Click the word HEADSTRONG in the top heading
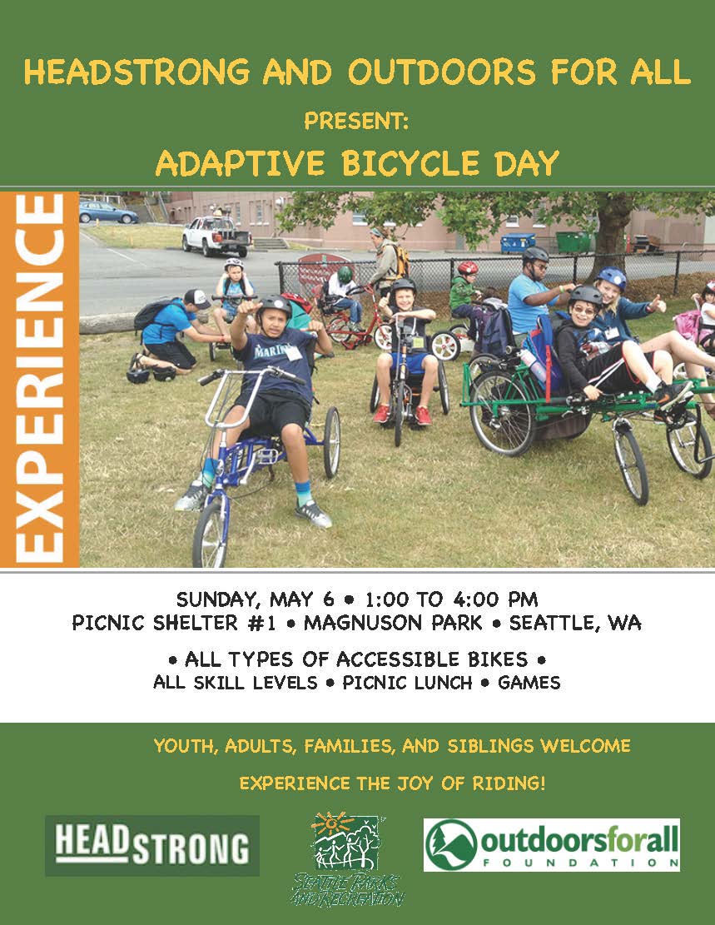tap(137, 72)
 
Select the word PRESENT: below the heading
tap(356, 122)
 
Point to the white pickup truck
tap(216, 236)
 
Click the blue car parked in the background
tap(108, 212)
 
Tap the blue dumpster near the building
tap(518, 243)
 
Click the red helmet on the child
tap(468, 268)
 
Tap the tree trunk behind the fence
tap(613, 236)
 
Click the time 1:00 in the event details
tap(386, 600)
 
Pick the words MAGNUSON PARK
tap(393, 623)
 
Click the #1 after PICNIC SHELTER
tap(262, 623)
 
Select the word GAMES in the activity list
tap(529, 683)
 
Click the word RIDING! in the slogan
tap(509, 783)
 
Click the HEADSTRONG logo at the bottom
tap(152, 845)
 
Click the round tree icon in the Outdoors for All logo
tap(450, 845)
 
